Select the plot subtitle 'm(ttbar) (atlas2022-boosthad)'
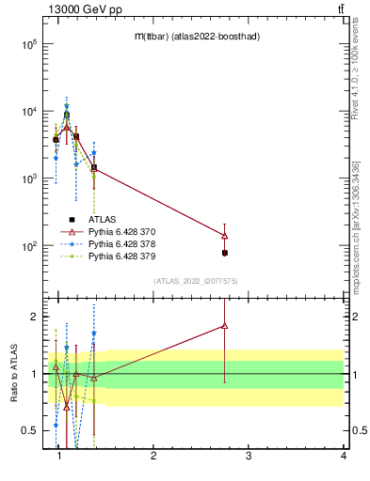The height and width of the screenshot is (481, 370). click(197, 36)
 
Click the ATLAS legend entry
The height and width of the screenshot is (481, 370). click(103, 218)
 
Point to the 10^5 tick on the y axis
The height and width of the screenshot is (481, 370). click(29, 43)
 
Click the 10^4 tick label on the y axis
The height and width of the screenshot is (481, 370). click(29, 111)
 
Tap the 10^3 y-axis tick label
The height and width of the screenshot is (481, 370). click(29, 178)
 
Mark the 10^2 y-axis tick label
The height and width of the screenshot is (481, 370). click(29, 246)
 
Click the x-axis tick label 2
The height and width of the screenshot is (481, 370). click(153, 456)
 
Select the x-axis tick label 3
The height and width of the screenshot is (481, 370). click(249, 456)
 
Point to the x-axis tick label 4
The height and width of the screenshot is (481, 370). click(343, 456)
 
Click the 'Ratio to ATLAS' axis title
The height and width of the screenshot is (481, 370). click(12, 372)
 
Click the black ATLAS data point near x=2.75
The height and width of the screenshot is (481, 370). click(225, 253)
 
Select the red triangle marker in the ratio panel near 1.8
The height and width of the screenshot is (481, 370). click(225, 325)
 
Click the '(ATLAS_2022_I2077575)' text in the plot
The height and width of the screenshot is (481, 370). click(197, 281)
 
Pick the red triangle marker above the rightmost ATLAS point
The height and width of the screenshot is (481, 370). click(225, 235)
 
